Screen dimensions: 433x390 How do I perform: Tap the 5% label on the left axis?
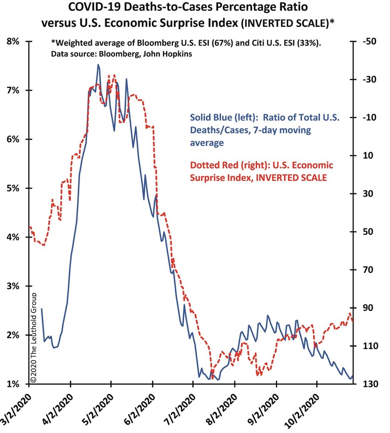pyautogui.click(x=13, y=188)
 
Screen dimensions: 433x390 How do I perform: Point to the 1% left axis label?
pyautogui.click(x=13, y=384)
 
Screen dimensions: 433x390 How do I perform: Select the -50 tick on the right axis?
pyautogui.click(x=368, y=42)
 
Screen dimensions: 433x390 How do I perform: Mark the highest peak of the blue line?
pyautogui.click(x=98, y=65)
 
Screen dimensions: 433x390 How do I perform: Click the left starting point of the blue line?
pyautogui.click(x=41, y=308)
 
